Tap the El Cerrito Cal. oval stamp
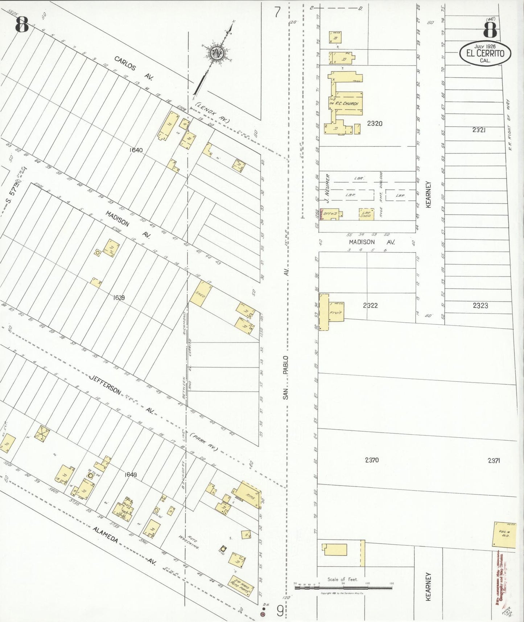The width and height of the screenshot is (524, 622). click(485, 54)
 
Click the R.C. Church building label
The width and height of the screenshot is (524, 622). click(346, 103)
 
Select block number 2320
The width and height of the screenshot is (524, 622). click(375, 123)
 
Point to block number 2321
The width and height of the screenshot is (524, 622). click(479, 130)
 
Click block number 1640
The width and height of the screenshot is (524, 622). click(136, 150)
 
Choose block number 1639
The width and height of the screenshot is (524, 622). click(119, 298)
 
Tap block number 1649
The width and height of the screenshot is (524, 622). click(131, 475)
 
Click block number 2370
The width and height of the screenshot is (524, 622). click(372, 460)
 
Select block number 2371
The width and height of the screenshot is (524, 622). click(494, 461)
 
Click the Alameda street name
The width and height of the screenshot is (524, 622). click(105, 535)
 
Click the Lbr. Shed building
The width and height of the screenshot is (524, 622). click(366, 214)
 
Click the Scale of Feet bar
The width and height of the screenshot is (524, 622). click(343, 587)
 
